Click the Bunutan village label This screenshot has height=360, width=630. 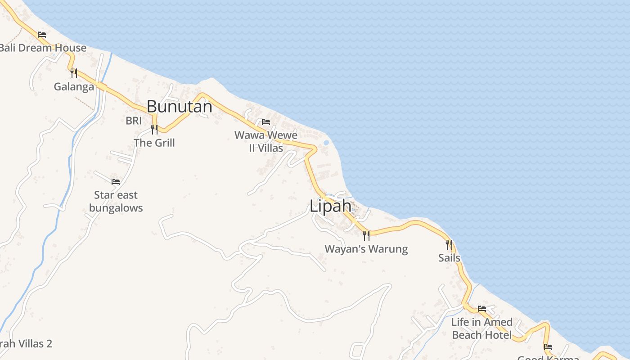coord(180,107)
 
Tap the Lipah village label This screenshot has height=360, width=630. coord(330,206)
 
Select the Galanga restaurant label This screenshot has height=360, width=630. coord(74,86)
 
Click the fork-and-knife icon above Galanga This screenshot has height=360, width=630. coord(74,73)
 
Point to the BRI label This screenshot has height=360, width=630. coord(134,121)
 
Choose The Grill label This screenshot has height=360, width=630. coord(154,143)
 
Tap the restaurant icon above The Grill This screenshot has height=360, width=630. coord(154,130)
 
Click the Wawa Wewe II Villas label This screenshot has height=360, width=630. coord(266,141)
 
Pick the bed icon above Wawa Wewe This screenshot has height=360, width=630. coord(266,122)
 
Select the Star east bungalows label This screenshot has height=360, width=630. coord(116,201)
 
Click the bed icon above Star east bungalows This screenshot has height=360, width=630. coord(116,182)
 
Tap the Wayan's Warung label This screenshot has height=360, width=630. coord(366,249)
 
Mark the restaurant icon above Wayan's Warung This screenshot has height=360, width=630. coord(366,235)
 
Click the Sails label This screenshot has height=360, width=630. coord(449,258)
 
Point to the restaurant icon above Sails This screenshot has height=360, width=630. coord(449,244)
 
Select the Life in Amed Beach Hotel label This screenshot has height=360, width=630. coord(482,328)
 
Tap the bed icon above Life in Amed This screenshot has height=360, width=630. coord(482,309)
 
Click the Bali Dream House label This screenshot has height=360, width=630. coord(43,48)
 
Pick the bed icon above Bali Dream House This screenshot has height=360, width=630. coord(42,34)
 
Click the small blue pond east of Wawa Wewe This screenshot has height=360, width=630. coord(326,143)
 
